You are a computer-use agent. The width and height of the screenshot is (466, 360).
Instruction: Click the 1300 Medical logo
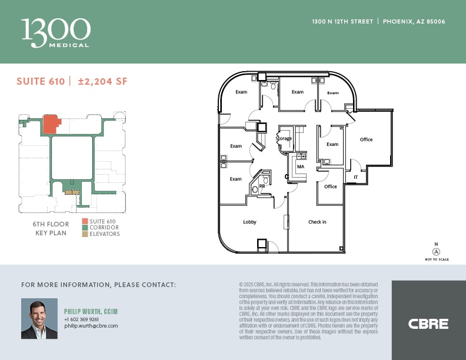pos(56,32)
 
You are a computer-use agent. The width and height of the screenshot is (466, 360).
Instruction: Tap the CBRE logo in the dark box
pos(428,324)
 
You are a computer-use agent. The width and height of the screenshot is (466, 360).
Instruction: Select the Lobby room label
pos(250,222)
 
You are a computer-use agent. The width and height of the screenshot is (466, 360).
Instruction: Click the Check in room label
pos(317,222)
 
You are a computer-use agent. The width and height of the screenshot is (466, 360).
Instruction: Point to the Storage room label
pos(284,139)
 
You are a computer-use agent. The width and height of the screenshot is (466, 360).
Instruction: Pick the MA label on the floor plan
pos(300,166)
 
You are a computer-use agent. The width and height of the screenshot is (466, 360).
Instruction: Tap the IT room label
pos(355,176)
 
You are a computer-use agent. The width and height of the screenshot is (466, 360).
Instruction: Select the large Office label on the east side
pos(366,139)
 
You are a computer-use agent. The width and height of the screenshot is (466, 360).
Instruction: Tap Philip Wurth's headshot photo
pos(39,318)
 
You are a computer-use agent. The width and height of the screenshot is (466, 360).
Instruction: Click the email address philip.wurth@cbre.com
pos(91,325)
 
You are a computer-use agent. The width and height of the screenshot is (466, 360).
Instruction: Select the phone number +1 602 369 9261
pos(81,319)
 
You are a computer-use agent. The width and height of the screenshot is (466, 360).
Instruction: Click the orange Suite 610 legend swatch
pos(85,221)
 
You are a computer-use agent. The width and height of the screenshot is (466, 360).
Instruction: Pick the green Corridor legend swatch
pos(85,228)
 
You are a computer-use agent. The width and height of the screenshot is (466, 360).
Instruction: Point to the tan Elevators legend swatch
pos(85,234)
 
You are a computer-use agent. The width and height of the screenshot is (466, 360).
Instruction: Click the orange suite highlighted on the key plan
pos(51,124)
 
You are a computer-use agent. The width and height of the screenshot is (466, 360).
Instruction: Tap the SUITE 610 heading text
pos(41,82)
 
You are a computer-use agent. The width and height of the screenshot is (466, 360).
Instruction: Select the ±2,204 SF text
pos(102,82)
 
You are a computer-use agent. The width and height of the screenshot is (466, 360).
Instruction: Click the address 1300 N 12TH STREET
pos(342,22)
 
